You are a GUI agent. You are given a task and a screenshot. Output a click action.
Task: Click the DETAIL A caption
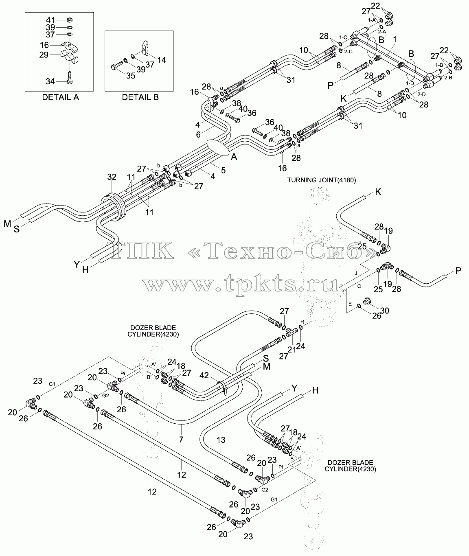(60, 97)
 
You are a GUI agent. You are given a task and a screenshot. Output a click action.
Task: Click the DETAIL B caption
(140, 97)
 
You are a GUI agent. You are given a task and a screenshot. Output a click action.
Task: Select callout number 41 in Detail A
(50, 20)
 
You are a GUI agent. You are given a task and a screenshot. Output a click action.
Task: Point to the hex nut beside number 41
(69, 20)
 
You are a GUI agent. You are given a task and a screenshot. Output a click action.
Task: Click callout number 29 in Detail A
(44, 55)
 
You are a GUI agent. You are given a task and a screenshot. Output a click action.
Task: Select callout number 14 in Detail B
(161, 60)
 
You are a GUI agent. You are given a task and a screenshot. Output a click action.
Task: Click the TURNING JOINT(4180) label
(322, 180)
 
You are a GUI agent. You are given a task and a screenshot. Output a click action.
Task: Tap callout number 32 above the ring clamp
(112, 177)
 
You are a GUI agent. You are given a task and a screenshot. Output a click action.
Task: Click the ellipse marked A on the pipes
(218, 148)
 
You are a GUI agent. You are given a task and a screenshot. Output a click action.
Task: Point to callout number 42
(204, 375)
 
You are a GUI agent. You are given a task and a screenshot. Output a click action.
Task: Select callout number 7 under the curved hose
(181, 439)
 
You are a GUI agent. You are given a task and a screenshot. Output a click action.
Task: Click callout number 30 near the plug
(385, 311)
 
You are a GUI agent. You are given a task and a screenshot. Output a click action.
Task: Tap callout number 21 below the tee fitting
(291, 349)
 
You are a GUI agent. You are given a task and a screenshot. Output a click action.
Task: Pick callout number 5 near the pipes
(223, 171)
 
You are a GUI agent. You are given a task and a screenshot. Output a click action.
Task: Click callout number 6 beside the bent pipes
(198, 135)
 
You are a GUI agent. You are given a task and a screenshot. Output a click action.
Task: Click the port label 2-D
(422, 94)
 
